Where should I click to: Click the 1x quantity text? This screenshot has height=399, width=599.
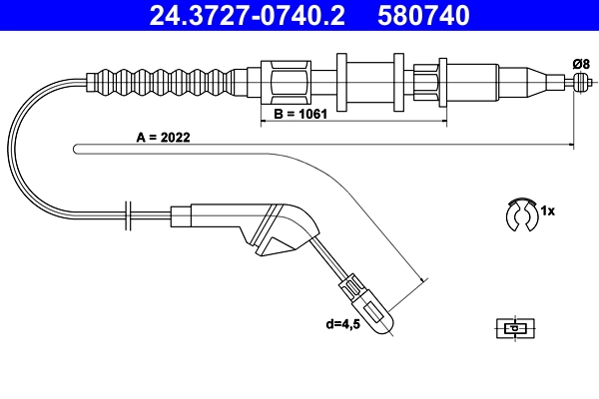(546, 212)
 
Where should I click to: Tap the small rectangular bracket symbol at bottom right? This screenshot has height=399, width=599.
(513, 326)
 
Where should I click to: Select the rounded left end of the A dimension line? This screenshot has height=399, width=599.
(77, 149)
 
